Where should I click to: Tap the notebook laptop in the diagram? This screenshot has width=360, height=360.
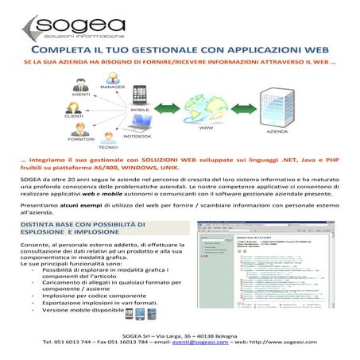(141, 122)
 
